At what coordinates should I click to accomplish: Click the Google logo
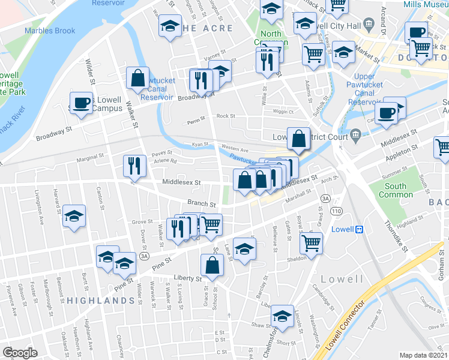20,353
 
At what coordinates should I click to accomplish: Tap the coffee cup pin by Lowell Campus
81,103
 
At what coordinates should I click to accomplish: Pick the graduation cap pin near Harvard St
74,215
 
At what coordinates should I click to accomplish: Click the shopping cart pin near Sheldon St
312,242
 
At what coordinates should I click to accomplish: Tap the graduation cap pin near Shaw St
282,314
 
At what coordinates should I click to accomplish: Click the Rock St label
225,116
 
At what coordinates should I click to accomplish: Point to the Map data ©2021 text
423,355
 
